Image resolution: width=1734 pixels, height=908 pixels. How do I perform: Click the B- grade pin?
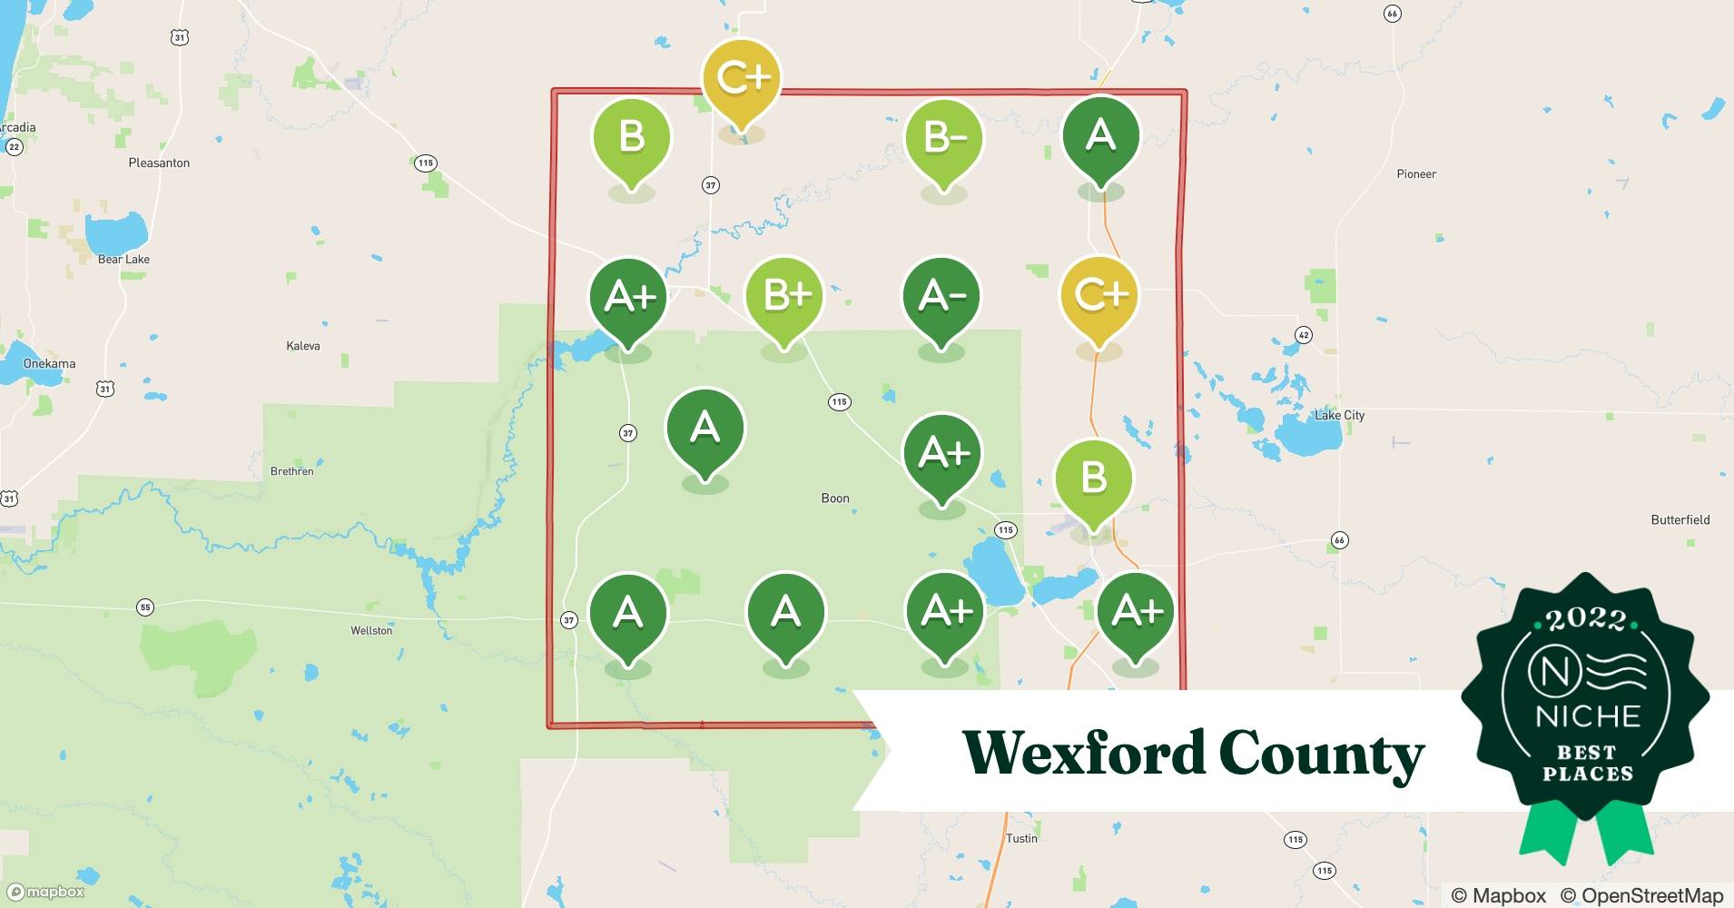(944, 140)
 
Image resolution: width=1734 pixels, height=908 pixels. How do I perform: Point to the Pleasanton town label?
(159, 163)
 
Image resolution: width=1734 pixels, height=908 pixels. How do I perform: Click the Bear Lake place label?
(123, 259)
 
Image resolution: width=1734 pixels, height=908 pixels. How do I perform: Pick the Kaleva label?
(303, 346)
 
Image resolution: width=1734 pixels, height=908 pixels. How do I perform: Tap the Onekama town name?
(49, 363)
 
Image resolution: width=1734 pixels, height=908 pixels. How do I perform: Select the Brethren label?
(292, 471)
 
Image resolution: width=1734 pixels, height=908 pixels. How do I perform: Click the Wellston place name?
(371, 630)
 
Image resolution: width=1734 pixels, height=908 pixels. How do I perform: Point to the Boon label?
(835, 498)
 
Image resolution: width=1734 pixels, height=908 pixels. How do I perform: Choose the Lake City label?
(1339, 415)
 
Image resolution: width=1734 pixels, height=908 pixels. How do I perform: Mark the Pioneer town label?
(1416, 173)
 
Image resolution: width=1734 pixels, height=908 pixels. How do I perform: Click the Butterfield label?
(1680, 519)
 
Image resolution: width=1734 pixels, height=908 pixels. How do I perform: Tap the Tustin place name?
(1021, 838)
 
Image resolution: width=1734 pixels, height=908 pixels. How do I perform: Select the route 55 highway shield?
(144, 607)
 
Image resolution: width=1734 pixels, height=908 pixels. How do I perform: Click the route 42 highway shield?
(1303, 334)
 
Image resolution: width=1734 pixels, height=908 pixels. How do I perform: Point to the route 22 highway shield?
(14, 147)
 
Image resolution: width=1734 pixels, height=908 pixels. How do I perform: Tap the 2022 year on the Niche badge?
(1586, 619)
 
